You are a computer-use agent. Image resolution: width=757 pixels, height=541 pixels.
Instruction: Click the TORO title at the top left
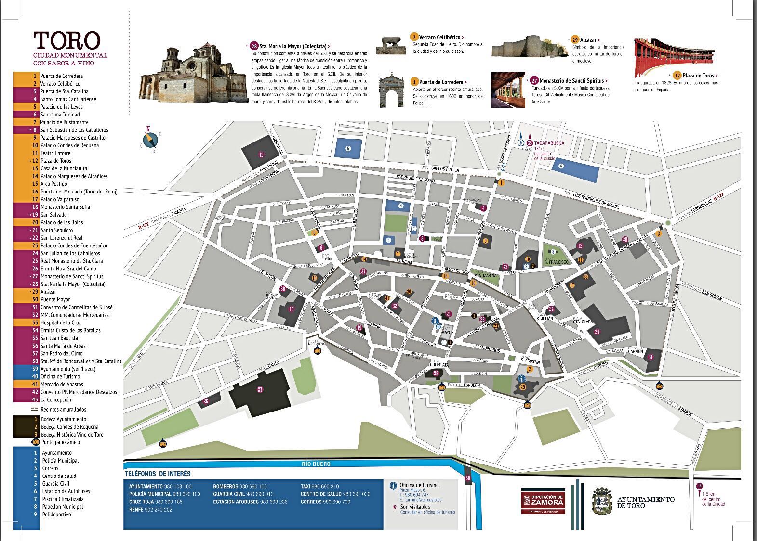pos(66,41)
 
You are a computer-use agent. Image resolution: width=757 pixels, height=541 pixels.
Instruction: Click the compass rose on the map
pos(152,139)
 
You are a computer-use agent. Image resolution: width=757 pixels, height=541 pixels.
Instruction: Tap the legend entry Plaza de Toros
pos(55,161)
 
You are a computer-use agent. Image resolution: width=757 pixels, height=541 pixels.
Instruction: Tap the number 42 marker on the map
pos(261,155)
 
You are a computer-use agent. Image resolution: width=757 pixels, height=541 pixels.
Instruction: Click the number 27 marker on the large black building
pos(260,390)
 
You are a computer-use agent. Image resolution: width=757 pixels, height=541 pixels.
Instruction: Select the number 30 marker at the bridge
pos(467,478)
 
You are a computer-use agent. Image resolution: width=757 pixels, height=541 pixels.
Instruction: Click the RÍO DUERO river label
pos(316,464)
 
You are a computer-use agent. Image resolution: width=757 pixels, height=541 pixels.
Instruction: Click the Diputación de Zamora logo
pos(543,501)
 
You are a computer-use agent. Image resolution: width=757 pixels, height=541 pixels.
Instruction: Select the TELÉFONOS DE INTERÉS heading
pos(158,474)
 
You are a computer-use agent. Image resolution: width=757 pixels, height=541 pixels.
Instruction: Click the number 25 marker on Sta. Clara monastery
pos(597,332)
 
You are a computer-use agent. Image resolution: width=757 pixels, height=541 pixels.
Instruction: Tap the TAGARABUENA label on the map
pos(549,143)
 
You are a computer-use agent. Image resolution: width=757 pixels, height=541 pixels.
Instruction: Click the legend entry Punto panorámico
pos(60,442)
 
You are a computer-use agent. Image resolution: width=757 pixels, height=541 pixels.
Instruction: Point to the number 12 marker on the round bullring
pos(580,246)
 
